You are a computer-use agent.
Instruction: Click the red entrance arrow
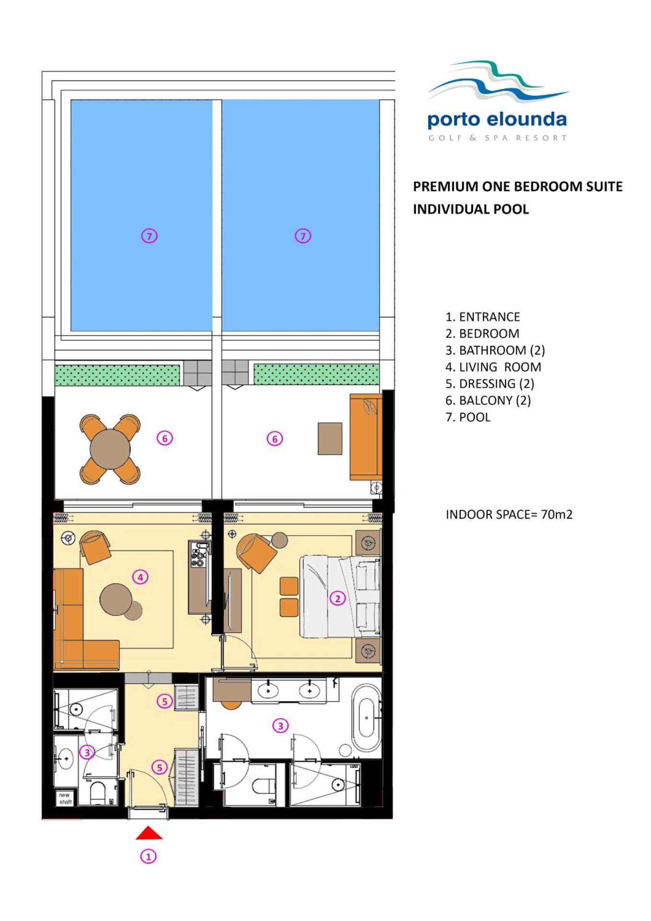pos(149,833)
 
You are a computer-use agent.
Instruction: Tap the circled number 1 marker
pos(148,856)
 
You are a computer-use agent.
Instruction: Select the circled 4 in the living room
pos(140,577)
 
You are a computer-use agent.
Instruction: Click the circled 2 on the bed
pos(337,598)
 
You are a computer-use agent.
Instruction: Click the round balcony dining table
pos(110,449)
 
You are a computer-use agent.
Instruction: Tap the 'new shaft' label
pos(65,798)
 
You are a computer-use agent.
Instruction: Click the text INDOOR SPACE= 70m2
pos(509,514)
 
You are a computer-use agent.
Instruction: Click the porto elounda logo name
pos(497,120)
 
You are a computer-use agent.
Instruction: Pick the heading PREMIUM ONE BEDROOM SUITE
pos(518,186)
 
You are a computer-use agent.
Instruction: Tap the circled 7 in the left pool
pos(149,236)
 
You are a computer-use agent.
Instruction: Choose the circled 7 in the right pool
pos(302,236)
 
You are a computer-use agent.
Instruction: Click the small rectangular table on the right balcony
pos(330,438)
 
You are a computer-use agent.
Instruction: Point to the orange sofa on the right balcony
pos(365,437)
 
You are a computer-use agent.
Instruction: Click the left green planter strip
pos(117,375)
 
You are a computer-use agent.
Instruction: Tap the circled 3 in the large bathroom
pos(280,726)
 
